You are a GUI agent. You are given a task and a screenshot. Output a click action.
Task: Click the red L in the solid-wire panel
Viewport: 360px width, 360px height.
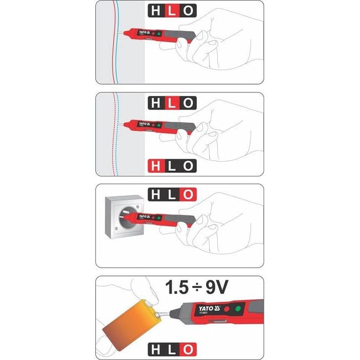click(173, 11)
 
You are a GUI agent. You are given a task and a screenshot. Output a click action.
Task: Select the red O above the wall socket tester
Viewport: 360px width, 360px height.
click(189, 194)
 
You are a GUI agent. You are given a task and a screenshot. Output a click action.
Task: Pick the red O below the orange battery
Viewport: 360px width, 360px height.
click(189, 349)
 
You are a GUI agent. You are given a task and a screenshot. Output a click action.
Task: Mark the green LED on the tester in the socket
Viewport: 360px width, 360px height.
click(158, 215)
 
